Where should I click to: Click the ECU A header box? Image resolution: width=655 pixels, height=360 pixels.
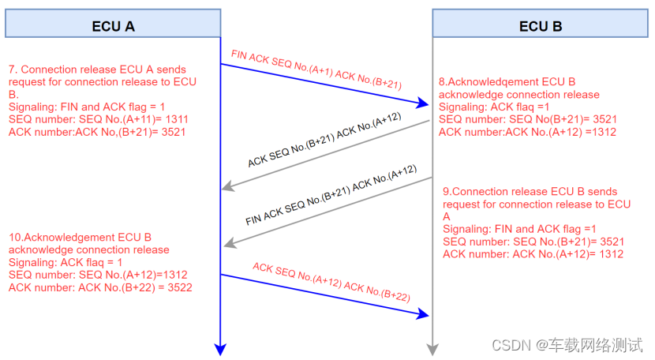pyautogui.click(x=114, y=25)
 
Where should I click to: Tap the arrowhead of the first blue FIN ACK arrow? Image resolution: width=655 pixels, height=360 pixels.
pyautogui.click(x=426, y=103)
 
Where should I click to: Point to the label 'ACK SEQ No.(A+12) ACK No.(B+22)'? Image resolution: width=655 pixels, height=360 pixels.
pyautogui.click(x=331, y=281)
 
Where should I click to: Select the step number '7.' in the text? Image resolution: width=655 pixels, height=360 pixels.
pyautogui.click(x=13, y=69)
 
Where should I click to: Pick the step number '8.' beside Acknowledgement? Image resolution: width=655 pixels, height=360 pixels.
pyautogui.click(x=444, y=81)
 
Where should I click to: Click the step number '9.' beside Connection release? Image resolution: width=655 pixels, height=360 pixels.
pyautogui.click(x=447, y=192)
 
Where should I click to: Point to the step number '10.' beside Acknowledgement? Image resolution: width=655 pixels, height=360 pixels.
pyautogui.click(x=16, y=238)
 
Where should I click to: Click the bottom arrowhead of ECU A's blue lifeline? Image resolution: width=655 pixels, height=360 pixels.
pyautogui.click(x=221, y=350)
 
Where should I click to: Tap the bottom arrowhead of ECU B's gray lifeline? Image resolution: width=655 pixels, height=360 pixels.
pyautogui.click(x=432, y=350)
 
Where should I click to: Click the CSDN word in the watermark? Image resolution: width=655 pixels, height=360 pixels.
pyautogui.click(x=509, y=345)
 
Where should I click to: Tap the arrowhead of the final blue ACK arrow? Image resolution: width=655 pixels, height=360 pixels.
pyautogui.click(x=426, y=314)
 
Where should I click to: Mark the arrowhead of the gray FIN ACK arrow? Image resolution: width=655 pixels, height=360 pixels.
pyautogui.click(x=227, y=246)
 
